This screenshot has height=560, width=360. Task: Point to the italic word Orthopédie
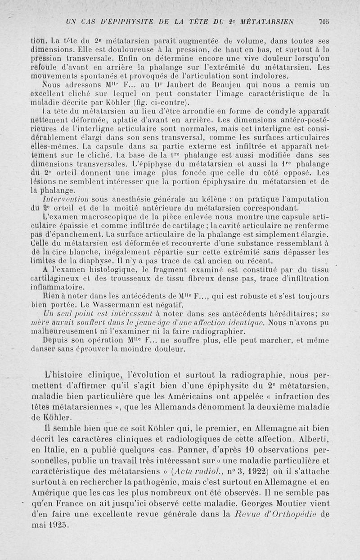coord(292,515)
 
